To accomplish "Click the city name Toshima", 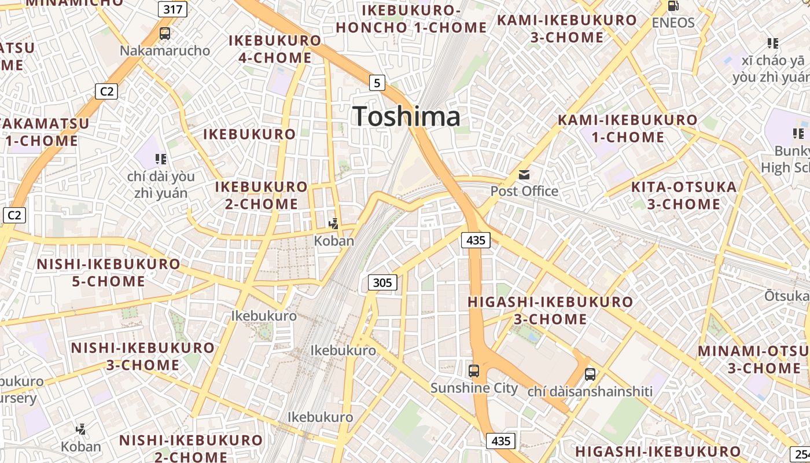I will [406, 116].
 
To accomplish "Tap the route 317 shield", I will [172, 9].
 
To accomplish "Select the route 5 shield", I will [377, 83].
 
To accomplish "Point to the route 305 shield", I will [382, 282].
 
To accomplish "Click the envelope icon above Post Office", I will [524, 174].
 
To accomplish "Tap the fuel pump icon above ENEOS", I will [673, 6].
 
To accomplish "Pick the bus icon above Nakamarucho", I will [165, 33].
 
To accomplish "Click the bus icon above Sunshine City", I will [474, 370].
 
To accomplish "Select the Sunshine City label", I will [474, 388].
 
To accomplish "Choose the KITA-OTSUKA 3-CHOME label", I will [684, 196].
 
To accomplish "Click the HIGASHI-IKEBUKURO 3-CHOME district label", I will [550, 310].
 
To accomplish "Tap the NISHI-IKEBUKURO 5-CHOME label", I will [108, 273].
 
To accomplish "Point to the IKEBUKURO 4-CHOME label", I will [275, 49].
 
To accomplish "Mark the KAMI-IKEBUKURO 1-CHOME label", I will [628, 128].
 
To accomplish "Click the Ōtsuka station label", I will [787, 296].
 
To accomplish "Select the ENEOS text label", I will [673, 23].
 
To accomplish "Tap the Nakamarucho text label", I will [165, 50].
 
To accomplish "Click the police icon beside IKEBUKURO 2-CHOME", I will [333, 223].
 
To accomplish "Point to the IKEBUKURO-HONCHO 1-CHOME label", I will [411, 19].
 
